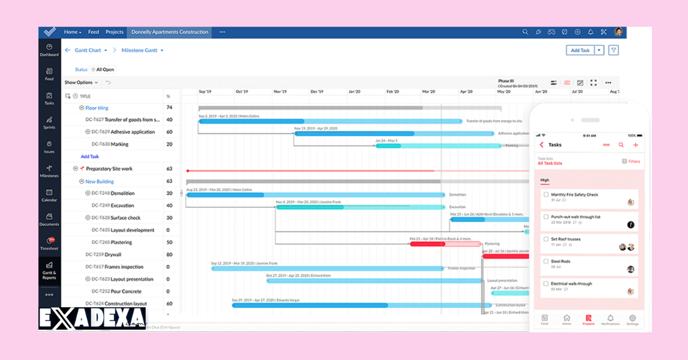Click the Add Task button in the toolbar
click(x=580, y=50)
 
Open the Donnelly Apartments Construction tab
click(x=170, y=32)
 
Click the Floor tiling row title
click(x=96, y=108)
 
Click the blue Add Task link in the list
click(x=89, y=156)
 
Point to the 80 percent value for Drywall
click(x=169, y=255)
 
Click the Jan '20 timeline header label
click(x=354, y=92)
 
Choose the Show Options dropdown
click(x=81, y=83)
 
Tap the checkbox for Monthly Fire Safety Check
click(x=546, y=195)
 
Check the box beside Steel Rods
click(x=546, y=261)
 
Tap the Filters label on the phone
click(x=634, y=162)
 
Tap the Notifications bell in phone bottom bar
click(x=610, y=319)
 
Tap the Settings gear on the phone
click(x=632, y=319)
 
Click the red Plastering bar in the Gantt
click(x=427, y=244)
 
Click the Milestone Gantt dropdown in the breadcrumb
click(x=142, y=50)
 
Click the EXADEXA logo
click(x=92, y=319)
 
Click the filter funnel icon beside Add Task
click(x=613, y=50)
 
